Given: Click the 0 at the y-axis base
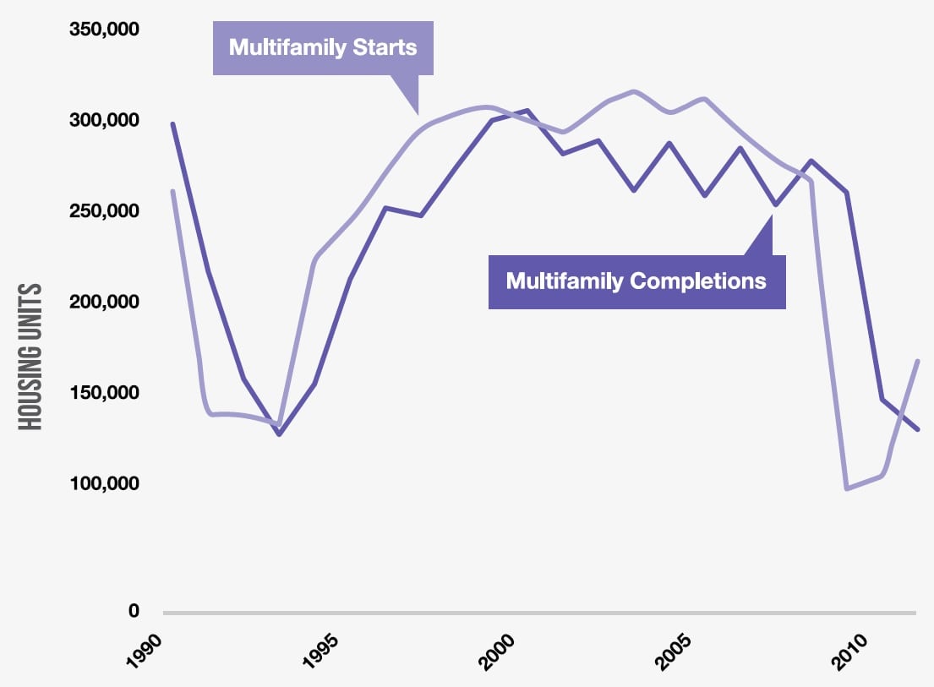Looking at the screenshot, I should pyautogui.click(x=134, y=611).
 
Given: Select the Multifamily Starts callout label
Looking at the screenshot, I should pyautogui.click(x=323, y=46).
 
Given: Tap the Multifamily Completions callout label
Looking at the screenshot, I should pyautogui.click(x=636, y=281).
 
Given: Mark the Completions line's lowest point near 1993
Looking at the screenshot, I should pyautogui.click(x=279, y=434).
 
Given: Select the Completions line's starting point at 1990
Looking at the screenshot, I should pyautogui.click(x=172, y=123).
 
